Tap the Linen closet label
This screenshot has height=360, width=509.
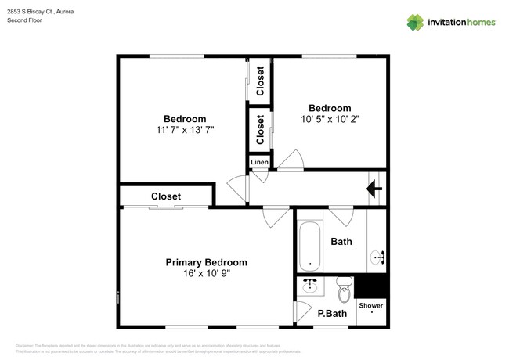(x=259, y=162)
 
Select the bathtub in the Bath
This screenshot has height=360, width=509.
(x=309, y=245)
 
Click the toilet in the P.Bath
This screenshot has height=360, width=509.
(x=343, y=290)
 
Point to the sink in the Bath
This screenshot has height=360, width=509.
(x=379, y=256)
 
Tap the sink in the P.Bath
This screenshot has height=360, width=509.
(x=311, y=285)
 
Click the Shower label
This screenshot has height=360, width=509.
(x=371, y=305)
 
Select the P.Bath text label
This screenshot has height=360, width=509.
(x=332, y=314)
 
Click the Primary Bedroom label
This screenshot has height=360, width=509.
(x=206, y=262)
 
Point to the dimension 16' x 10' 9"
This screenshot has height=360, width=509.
(x=206, y=274)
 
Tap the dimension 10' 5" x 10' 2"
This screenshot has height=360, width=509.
(x=329, y=119)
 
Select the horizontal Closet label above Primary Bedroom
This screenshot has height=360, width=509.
(x=166, y=196)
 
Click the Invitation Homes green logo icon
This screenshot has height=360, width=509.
(x=415, y=22)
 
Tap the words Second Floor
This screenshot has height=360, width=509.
(x=25, y=20)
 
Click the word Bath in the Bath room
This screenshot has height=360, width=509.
(x=341, y=242)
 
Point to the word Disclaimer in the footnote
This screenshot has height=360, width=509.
(x=24, y=345)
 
